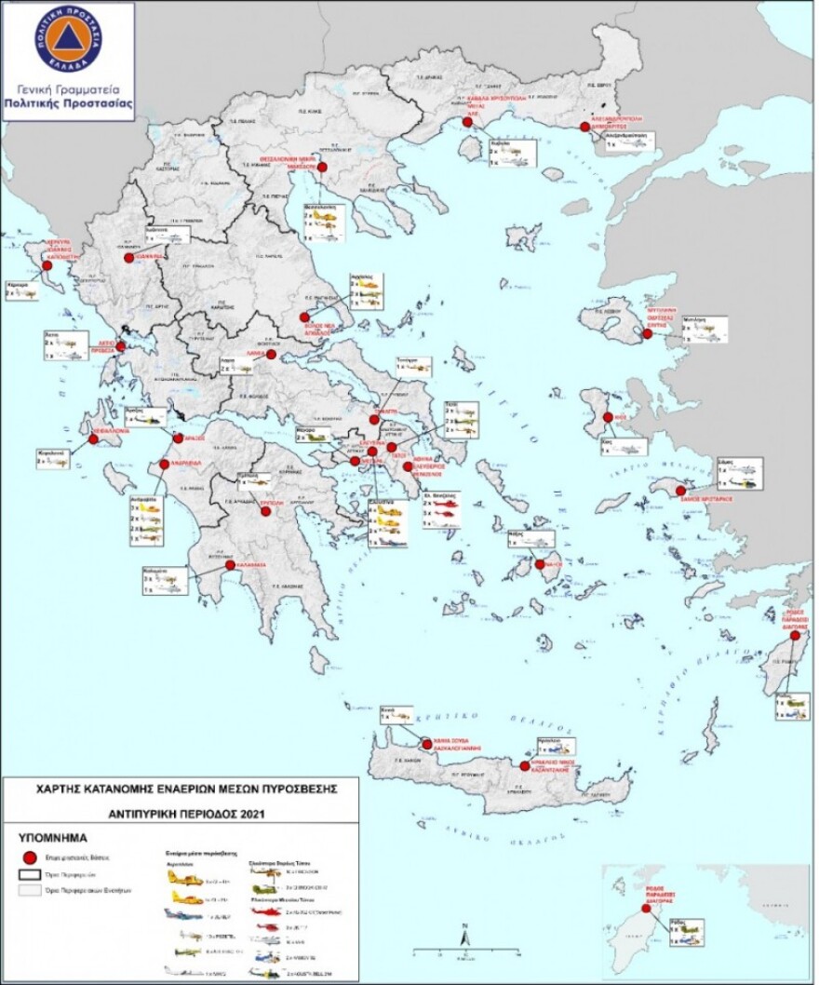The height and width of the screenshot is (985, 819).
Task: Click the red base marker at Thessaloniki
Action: (x=323, y=168)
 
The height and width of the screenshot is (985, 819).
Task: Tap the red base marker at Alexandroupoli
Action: (x=584, y=127)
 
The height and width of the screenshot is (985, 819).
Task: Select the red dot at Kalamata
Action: (x=230, y=565)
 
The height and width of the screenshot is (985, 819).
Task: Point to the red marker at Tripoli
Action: (x=265, y=508)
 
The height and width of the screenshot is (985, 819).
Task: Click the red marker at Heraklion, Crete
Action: (x=523, y=766)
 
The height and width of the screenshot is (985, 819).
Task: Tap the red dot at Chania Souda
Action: (x=426, y=744)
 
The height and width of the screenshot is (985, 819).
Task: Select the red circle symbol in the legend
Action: (x=30, y=856)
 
